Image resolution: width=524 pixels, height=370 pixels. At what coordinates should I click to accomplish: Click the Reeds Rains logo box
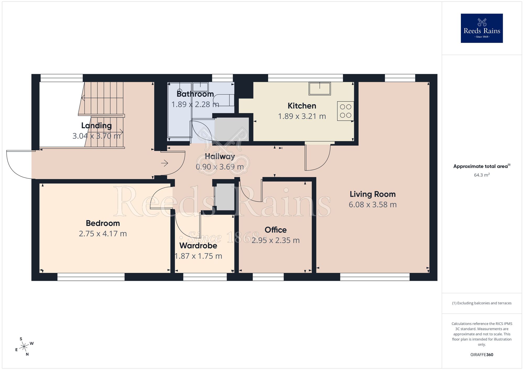click(482, 28)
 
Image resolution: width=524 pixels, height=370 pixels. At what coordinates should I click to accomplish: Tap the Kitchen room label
click(302, 106)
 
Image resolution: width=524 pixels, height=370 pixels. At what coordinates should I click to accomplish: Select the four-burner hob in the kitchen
click(346, 111)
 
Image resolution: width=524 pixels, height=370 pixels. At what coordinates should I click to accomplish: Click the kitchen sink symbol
click(320, 88)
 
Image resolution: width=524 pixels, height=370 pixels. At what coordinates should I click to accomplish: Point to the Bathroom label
click(195, 94)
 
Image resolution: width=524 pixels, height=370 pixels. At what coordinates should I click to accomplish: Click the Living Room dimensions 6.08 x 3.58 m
click(373, 205)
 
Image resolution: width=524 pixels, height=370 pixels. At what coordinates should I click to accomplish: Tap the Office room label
click(276, 230)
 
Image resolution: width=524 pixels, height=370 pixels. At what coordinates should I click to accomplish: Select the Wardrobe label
click(198, 246)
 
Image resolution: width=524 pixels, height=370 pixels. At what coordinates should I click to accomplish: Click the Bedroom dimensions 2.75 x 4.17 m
click(103, 234)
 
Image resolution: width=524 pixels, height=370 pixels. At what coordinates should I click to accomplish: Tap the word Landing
click(96, 126)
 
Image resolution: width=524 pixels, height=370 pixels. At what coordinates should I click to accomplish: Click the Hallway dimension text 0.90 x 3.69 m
click(220, 167)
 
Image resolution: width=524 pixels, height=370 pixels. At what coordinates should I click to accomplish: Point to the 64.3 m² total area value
click(482, 175)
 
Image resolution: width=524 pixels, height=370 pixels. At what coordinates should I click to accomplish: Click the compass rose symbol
click(24, 347)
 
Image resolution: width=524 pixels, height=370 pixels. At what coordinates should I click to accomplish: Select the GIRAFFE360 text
click(482, 355)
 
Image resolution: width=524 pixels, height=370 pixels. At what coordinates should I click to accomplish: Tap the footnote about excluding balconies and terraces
click(482, 303)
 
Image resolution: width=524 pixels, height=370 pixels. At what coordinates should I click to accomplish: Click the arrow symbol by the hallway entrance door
click(165, 163)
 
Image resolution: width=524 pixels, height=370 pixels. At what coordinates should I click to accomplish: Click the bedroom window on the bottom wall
click(91, 277)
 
